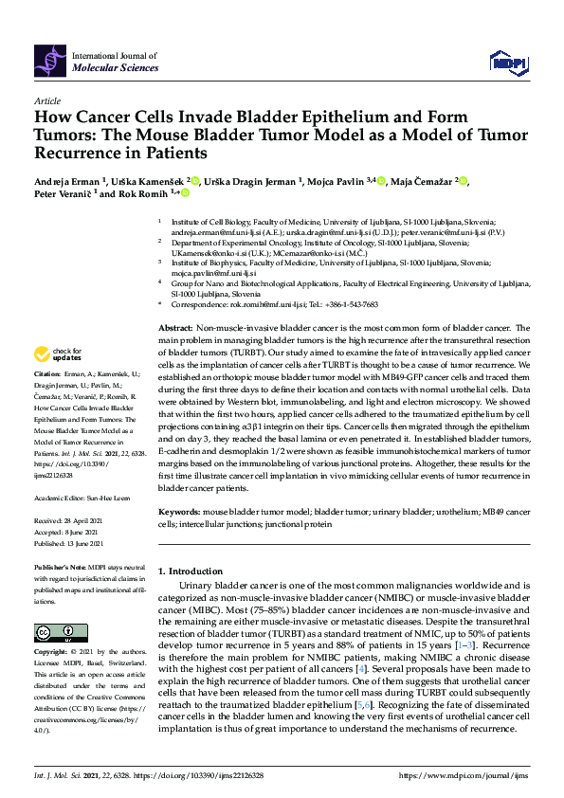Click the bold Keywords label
click(x=179, y=512)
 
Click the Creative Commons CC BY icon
click(x=48, y=632)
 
